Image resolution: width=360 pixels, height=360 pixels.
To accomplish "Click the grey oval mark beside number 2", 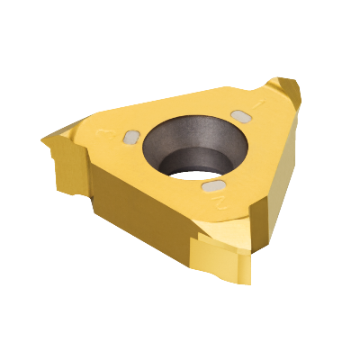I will [x=214, y=185].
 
